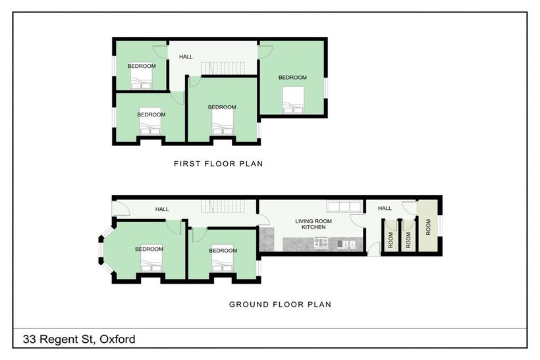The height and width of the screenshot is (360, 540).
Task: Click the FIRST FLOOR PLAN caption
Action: [x=218, y=163]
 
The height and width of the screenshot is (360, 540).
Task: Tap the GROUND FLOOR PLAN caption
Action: [x=279, y=304]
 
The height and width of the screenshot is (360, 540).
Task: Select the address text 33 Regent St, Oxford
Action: [x=79, y=340]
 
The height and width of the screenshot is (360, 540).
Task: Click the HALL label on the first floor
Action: [x=186, y=57]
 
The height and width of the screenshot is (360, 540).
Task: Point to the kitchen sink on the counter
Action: [x=346, y=244]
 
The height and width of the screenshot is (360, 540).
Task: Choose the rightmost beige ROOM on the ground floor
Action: [x=428, y=227]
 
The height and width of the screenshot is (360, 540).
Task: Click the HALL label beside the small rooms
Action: [x=385, y=209]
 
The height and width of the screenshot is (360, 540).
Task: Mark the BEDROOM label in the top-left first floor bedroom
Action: [x=141, y=66]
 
